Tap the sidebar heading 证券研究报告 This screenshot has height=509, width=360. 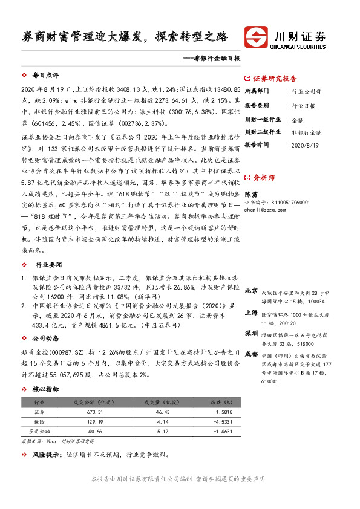tap(275, 79)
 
